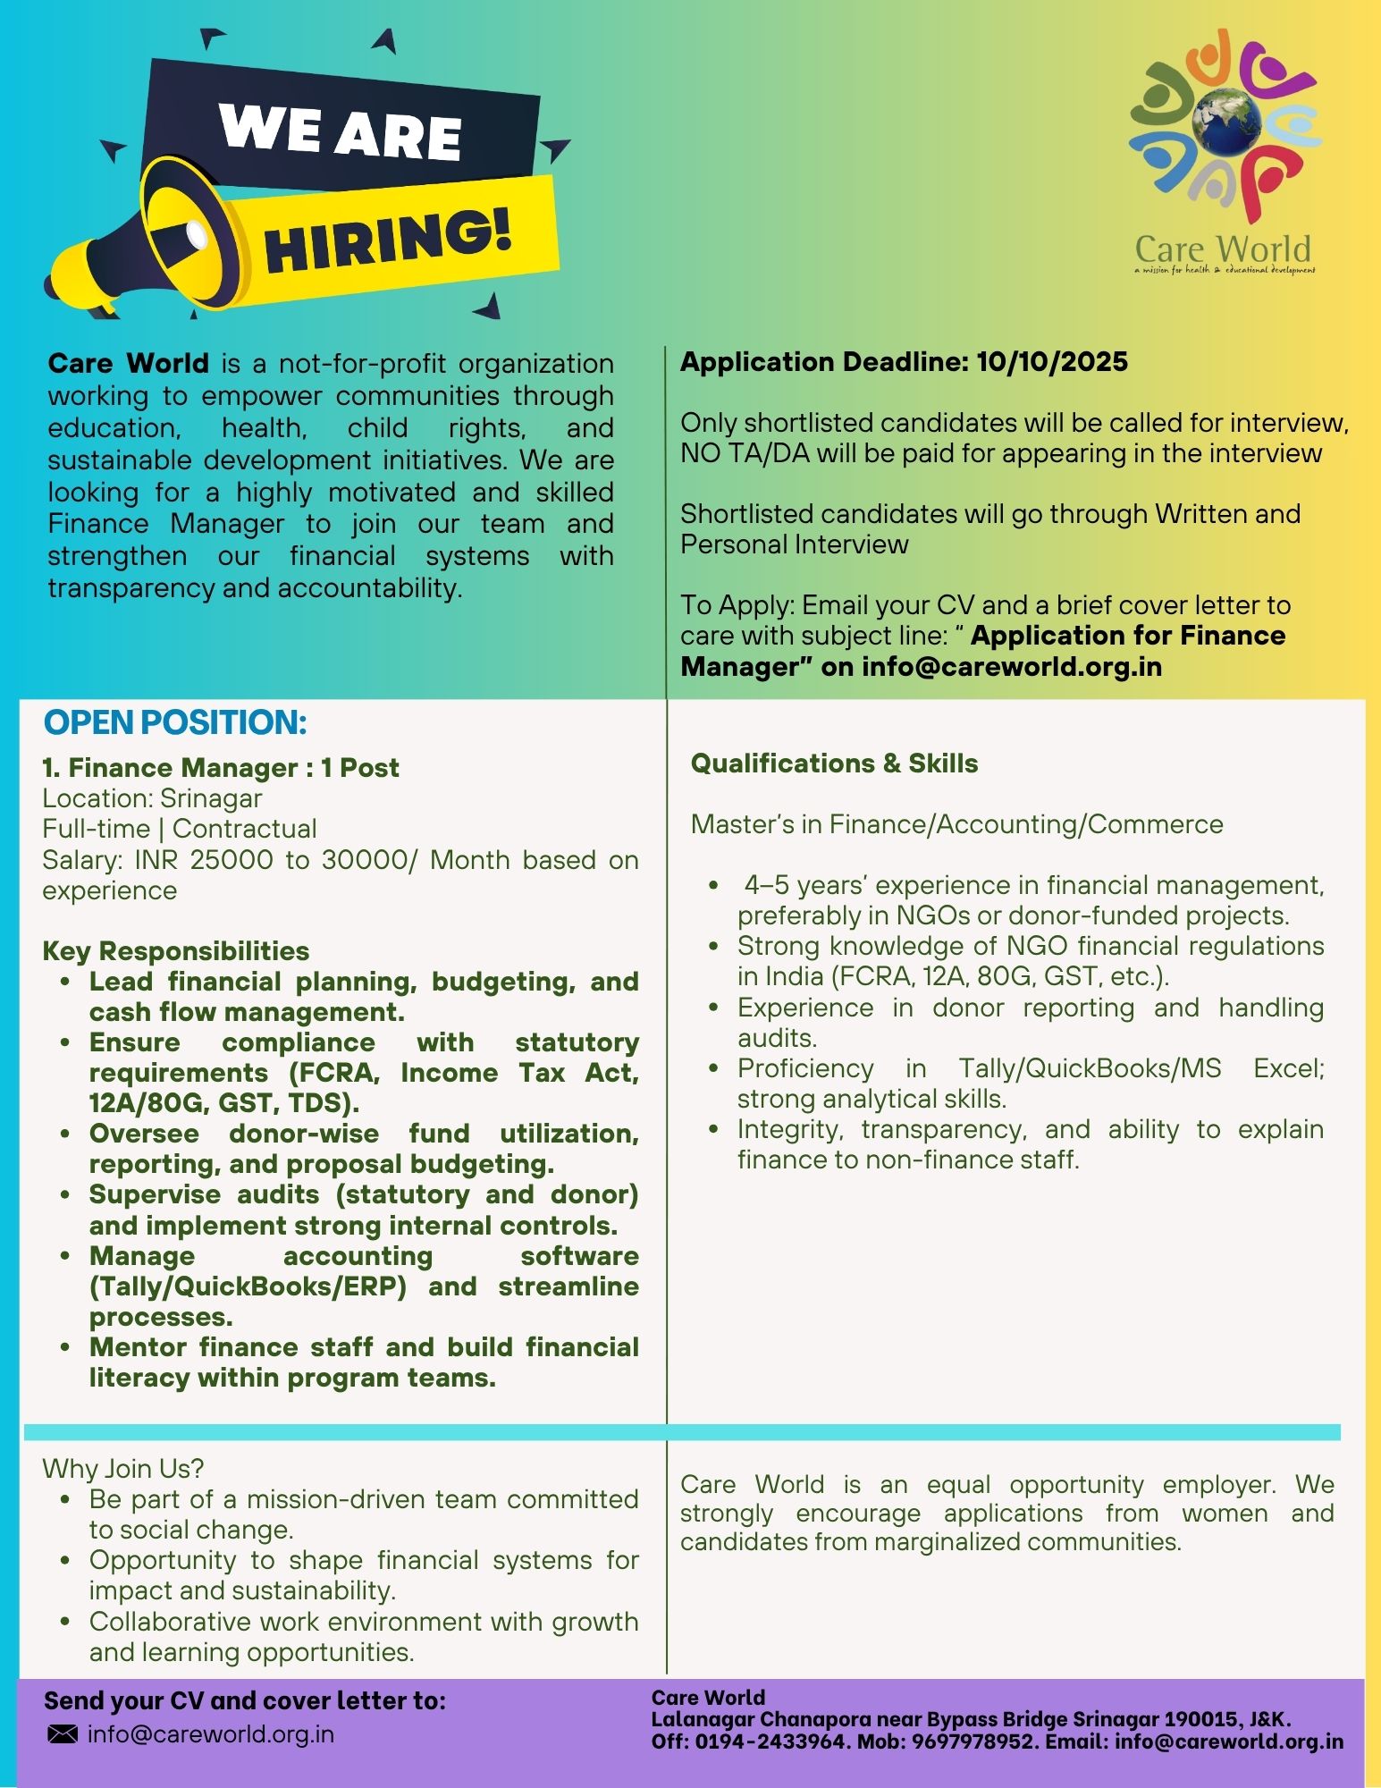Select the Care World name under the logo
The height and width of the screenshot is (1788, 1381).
(x=1222, y=249)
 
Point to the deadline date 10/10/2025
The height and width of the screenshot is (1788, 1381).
(x=1052, y=362)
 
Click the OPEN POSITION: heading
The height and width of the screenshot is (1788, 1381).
(x=175, y=722)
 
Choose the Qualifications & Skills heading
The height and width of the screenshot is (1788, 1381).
(x=834, y=763)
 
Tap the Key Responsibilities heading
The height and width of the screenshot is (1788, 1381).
(x=175, y=950)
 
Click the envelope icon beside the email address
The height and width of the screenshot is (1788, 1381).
(x=62, y=1734)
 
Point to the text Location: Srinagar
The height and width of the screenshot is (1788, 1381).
(x=152, y=798)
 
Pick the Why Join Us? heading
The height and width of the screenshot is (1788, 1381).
(x=123, y=1468)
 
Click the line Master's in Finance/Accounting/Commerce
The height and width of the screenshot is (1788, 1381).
(x=956, y=824)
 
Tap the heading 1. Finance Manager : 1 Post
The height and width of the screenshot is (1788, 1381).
(x=220, y=768)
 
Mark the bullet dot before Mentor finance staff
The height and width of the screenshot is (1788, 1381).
(x=66, y=1347)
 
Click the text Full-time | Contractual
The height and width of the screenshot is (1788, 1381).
(x=179, y=829)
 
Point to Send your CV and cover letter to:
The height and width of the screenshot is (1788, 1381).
(x=244, y=1700)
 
